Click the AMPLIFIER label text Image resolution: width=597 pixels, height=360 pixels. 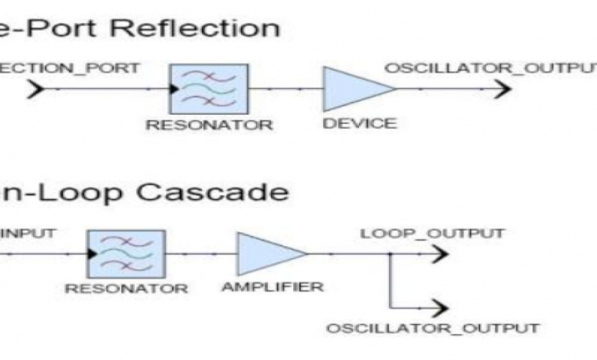coord(272,287)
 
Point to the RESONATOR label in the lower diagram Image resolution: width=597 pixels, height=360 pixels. coord(126,289)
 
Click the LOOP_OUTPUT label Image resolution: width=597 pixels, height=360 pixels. coord(432,233)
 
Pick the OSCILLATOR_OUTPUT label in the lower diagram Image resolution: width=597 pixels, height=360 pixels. coord(432,329)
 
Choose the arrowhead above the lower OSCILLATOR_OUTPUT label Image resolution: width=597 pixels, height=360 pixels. coord(438,307)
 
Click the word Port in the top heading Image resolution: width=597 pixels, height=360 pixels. coord(77,28)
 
